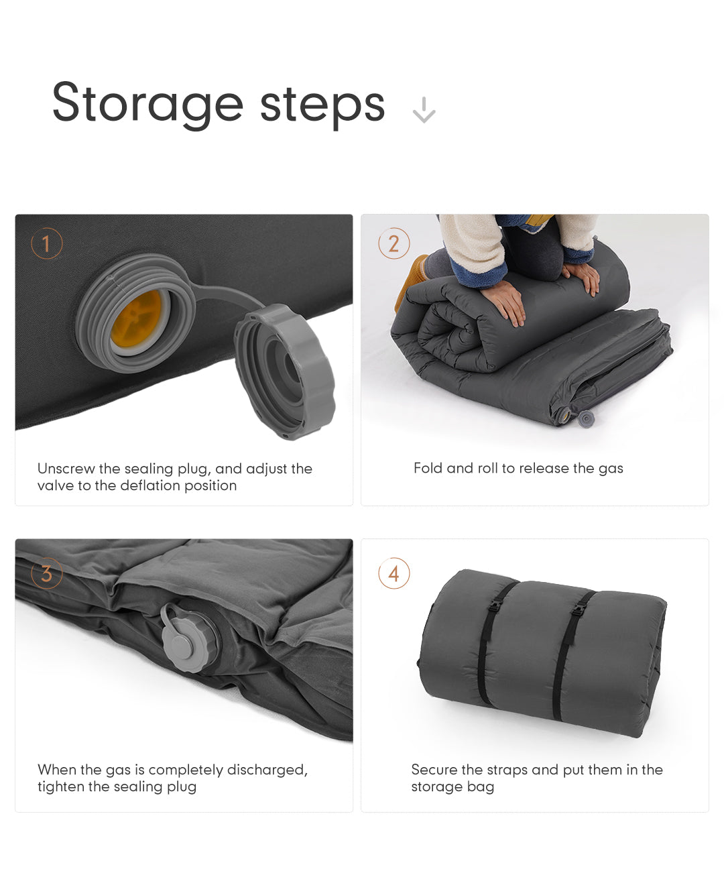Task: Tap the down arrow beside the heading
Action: point(424,110)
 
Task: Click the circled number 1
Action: point(47,243)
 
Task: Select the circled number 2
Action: point(394,243)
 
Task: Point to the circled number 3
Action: point(47,573)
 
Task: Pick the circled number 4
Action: point(394,573)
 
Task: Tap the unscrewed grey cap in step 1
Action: point(285,371)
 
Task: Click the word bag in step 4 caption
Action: point(480,787)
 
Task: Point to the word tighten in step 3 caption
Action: point(62,787)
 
